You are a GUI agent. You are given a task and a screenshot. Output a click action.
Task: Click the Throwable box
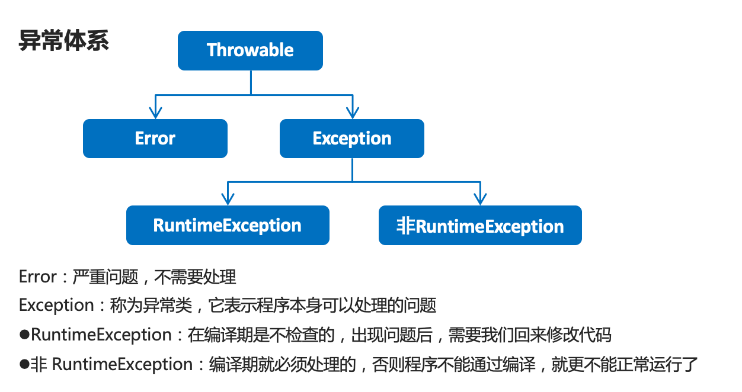tap(250, 50)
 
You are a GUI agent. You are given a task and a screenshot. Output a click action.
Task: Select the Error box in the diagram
tap(155, 139)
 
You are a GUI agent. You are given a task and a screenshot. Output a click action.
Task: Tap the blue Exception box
tap(352, 139)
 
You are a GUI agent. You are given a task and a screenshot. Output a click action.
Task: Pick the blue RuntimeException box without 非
tap(228, 225)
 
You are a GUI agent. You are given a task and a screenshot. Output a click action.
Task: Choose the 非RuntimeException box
tap(480, 225)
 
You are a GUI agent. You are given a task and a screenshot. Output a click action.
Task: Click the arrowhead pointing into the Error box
tap(155, 113)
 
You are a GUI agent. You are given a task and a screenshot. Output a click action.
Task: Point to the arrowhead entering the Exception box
tap(353, 113)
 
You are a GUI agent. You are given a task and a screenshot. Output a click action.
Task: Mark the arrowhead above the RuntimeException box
tap(228, 199)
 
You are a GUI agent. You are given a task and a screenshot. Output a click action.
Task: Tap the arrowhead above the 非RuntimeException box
tap(480, 199)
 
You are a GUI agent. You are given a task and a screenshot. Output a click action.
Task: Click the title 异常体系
tap(63, 40)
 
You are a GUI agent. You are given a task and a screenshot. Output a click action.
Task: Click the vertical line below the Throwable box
tap(251, 82)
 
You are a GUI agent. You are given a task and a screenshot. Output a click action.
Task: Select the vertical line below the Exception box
tap(352, 170)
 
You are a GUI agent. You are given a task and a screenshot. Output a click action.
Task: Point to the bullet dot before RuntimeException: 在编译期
tap(24, 335)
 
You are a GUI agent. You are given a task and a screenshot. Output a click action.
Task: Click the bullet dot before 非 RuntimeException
tap(24, 364)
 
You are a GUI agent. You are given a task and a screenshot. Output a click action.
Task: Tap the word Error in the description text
tap(38, 277)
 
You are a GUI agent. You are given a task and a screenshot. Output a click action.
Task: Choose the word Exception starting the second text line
tap(57, 306)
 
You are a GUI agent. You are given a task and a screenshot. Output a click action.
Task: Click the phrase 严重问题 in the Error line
tap(105, 277)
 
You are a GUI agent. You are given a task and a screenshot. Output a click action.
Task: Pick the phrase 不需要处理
tap(195, 277)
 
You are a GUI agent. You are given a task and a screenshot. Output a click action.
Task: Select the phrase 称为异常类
tap(151, 306)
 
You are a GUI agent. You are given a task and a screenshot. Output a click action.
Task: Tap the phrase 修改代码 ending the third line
tap(578, 335)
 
